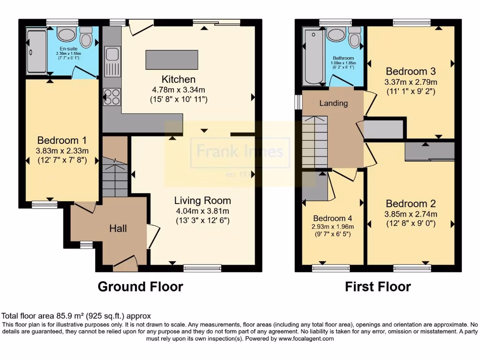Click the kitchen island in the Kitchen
172,59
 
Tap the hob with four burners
112,97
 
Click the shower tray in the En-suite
37,52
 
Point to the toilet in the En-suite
86,37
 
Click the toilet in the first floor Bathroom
354,37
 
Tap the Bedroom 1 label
62,140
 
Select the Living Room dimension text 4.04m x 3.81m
202,210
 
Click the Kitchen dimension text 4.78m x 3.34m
179,90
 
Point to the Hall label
118,229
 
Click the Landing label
334,103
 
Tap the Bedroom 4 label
332,218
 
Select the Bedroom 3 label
411,71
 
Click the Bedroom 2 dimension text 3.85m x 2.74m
411,214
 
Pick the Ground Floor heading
140,286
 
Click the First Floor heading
378,286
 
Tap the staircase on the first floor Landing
315,141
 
